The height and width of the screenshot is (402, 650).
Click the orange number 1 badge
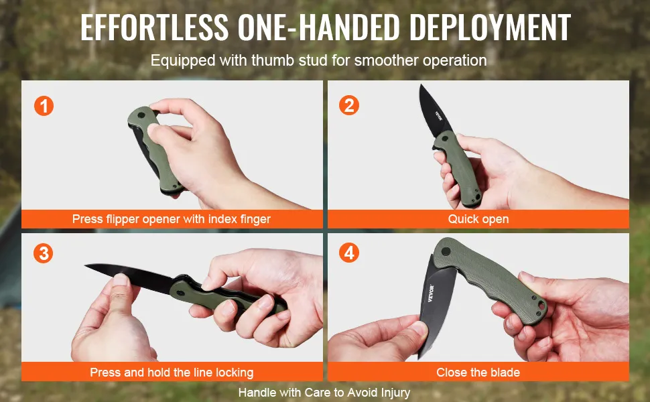click(x=44, y=106)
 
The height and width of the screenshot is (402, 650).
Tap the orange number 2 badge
click(x=349, y=105)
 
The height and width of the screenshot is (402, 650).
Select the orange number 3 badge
click(x=44, y=253)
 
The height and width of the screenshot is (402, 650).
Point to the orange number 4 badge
click(x=349, y=253)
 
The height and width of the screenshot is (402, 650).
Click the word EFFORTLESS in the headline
click(x=155, y=27)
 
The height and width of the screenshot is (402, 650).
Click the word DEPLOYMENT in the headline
click(x=490, y=27)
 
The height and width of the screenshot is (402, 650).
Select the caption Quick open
click(x=478, y=219)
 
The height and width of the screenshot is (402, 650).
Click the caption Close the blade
click(x=478, y=372)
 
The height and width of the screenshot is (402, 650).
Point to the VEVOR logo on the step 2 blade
click(x=439, y=116)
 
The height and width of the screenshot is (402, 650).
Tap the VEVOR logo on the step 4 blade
click(x=431, y=293)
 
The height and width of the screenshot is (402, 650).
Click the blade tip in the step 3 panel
click(x=85, y=265)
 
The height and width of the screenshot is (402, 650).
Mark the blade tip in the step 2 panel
click(x=421, y=85)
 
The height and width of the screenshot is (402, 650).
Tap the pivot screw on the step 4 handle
click(x=446, y=251)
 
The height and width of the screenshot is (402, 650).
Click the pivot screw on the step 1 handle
click(x=141, y=115)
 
